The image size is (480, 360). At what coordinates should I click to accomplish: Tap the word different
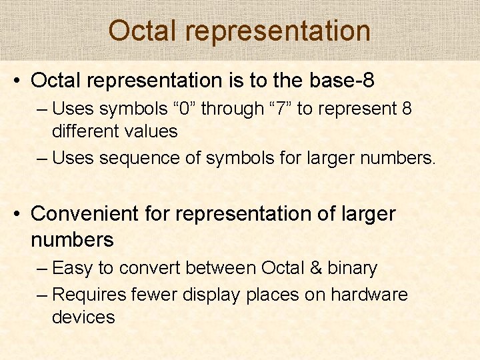tap(85, 131)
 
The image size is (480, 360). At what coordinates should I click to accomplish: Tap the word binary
tap(352, 268)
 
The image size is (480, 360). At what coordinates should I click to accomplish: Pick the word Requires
tap(89, 295)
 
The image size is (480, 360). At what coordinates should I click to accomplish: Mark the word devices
tap(83, 317)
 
